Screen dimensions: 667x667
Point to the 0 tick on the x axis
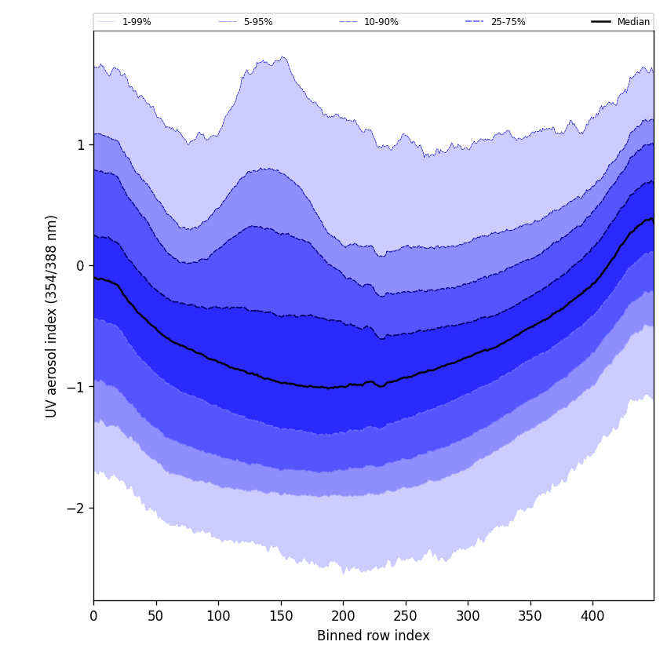pyautogui.click(x=93, y=616)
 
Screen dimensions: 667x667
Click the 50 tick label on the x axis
pyautogui.click(x=156, y=616)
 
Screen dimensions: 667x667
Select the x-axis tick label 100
pyautogui.click(x=218, y=616)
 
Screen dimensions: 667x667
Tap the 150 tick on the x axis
pyautogui.click(x=281, y=616)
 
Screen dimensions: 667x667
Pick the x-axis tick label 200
pyautogui.click(x=343, y=616)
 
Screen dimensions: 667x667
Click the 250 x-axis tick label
pyautogui.click(x=406, y=616)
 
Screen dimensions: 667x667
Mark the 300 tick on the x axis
pyautogui.click(x=468, y=616)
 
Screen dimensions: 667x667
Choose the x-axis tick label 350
pyautogui.click(x=530, y=616)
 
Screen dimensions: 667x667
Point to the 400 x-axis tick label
pyautogui.click(x=592, y=616)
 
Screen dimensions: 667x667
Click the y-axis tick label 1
pyautogui.click(x=80, y=145)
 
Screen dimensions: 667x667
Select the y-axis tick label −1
pyautogui.click(x=75, y=388)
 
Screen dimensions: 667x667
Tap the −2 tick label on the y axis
pyautogui.click(x=75, y=508)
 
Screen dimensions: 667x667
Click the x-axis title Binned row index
pyautogui.click(x=373, y=636)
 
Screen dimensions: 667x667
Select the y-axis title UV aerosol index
pyautogui.click(x=52, y=315)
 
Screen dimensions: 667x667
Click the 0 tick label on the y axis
pyautogui.click(x=80, y=266)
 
